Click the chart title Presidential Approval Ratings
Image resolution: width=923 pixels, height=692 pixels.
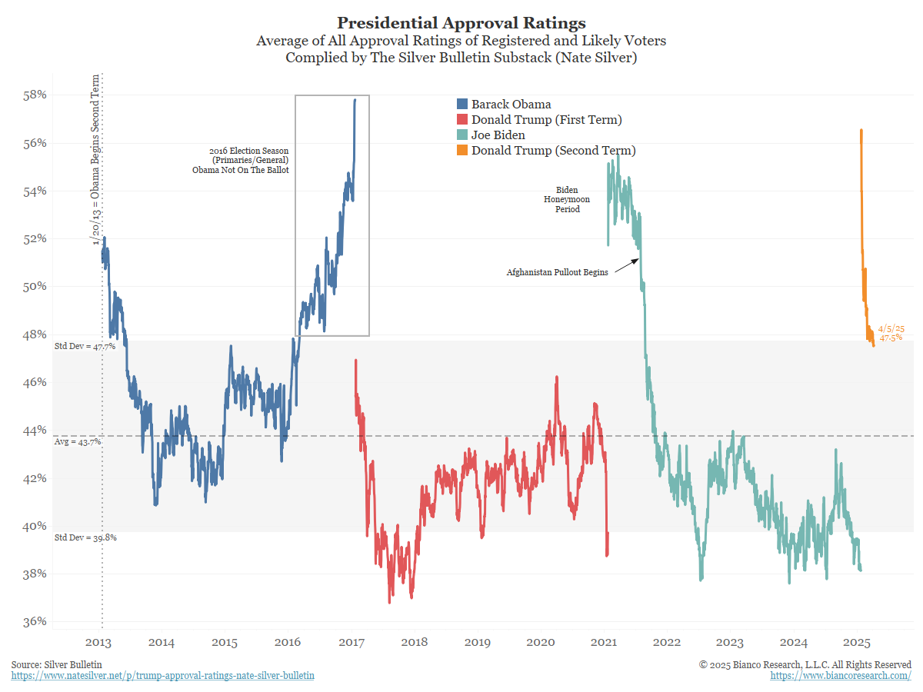pyautogui.click(x=461, y=22)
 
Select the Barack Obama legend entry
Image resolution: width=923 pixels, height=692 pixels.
pyautogui.click(x=511, y=105)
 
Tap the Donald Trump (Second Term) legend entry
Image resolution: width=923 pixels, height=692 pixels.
pyautogui.click(x=553, y=151)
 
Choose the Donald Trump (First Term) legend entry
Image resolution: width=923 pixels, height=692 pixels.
pyautogui.click(x=546, y=120)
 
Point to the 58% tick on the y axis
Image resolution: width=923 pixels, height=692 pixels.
pyautogui.click(x=35, y=95)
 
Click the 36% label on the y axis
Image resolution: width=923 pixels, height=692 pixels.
pyautogui.click(x=35, y=621)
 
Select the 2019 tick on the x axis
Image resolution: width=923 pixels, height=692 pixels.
pyautogui.click(x=478, y=642)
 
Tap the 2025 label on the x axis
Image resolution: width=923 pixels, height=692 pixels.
pyautogui.click(x=856, y=642)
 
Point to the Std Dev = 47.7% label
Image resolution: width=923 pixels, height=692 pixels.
pyautogui.click(x=85, y=346)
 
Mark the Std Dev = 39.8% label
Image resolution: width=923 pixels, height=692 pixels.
pyautogui.click(x=85, y=537)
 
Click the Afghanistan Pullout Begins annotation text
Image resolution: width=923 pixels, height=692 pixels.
pyautogui.click(x=557, y=272)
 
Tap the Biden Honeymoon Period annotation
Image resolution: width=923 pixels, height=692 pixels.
pyautogui.click(x=567, y=199)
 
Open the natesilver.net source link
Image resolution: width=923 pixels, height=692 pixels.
pyautogui.click(x=163, y=675)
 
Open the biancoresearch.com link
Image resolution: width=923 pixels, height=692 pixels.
pyautogui.click(x=841, y=675)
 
